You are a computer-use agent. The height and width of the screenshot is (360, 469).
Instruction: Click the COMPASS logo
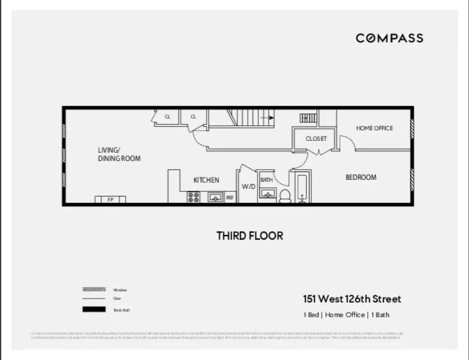[x=389, y=38]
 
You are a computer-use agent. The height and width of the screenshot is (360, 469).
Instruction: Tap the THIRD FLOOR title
[x=250, y=235]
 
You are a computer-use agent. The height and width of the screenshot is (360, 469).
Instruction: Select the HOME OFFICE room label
[x=374, y=128]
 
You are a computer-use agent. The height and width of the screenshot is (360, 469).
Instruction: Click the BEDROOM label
[x=361, y=177]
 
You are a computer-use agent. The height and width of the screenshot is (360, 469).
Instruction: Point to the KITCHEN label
[x=206, y=180]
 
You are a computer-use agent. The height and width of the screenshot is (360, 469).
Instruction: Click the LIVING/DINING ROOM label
[x=119, y=154]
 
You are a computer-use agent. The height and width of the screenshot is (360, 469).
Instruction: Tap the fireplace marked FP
[x=110, y=199]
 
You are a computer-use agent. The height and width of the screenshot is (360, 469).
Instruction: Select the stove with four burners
[x=193, y=197]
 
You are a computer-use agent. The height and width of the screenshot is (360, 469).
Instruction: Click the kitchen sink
[x=215, y=197]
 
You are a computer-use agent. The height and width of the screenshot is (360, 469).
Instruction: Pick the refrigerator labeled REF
[x=230, y=197]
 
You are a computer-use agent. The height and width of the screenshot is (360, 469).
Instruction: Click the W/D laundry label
[x=248, y=187]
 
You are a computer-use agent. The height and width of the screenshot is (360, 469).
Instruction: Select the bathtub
[x=302, y=188]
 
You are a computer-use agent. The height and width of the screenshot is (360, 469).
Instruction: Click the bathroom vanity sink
[x=267, y=193]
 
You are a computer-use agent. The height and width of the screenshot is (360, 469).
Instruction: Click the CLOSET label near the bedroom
[x=316, y=139]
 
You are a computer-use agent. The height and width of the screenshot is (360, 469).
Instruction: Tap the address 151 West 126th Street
[x=352, y=299]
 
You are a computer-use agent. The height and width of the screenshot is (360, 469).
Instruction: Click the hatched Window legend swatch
[x=94, y=289]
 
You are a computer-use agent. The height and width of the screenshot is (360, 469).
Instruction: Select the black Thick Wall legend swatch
[x=94, y=309]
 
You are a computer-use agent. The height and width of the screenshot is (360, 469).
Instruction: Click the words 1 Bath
[x=380, y=315]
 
